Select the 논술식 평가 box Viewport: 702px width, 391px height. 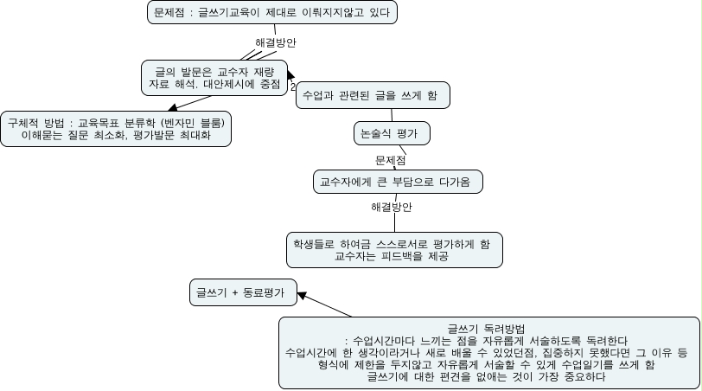click(x=392, y=133)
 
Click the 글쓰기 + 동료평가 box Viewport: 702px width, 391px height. click(x=242, y=292)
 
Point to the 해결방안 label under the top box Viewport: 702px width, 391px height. click(x=276, y=42)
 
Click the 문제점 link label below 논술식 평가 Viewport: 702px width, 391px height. click(x=391, y=159)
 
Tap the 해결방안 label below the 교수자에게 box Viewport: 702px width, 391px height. click(x=391, y=207)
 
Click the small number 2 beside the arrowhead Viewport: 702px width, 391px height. click(x=293, y=87)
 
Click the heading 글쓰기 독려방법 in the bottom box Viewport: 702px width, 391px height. click(x=488, y=328)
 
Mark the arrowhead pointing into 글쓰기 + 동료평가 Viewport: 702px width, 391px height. click(x=301, y=296)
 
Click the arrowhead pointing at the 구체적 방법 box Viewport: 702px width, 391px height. click(x=169, y=108)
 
